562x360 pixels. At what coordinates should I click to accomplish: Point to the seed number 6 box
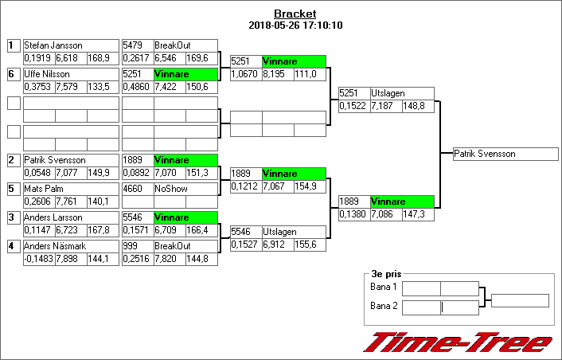click(x=13, y=74)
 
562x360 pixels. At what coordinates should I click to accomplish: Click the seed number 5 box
click(x=13, y=189)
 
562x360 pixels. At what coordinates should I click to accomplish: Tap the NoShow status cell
click(x=185, y=189)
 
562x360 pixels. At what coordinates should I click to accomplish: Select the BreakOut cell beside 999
click(x=185, y=246)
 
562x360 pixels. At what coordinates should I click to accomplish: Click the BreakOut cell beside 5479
click(x=185, y=45)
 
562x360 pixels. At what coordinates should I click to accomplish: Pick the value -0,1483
click(x=38, y=259)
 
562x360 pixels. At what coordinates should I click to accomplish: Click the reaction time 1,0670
click(x=245, y=73)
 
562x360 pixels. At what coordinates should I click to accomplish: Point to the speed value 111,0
click(x=310, y=73)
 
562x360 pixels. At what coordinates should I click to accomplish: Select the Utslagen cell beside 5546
click(x=293, y=232)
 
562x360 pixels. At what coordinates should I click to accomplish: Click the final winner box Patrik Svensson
click(x=505, y=154)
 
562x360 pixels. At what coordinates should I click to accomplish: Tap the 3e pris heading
click(x=383, y=273)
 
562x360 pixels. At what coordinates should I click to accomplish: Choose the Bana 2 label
click(x=384, y=305)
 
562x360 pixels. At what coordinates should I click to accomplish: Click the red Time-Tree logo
click(x=458, y=342)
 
